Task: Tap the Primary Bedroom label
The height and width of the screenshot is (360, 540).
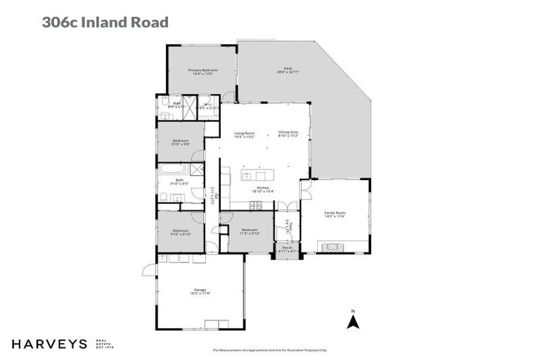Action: [x=202, y=70]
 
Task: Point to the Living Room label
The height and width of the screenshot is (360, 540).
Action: [x=244, y=132]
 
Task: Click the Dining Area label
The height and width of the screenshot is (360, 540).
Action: [x=288, y=132]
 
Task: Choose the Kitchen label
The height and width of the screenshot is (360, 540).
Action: [x=263, y=188]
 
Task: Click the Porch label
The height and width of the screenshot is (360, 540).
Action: [x=287, y=247]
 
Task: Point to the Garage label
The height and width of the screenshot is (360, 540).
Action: [x=200, y=290]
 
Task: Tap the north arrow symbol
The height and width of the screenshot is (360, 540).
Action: [x=354, y=322]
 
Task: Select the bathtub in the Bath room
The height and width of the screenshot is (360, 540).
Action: [x=172, y=169]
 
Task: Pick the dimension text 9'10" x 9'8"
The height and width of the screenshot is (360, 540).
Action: [x=181, y=144]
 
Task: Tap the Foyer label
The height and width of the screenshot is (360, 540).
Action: [x=287, y=226]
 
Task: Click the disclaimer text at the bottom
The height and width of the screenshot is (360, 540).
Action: [x=270, y=349]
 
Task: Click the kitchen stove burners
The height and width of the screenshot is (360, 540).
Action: [x=256, y=205]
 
